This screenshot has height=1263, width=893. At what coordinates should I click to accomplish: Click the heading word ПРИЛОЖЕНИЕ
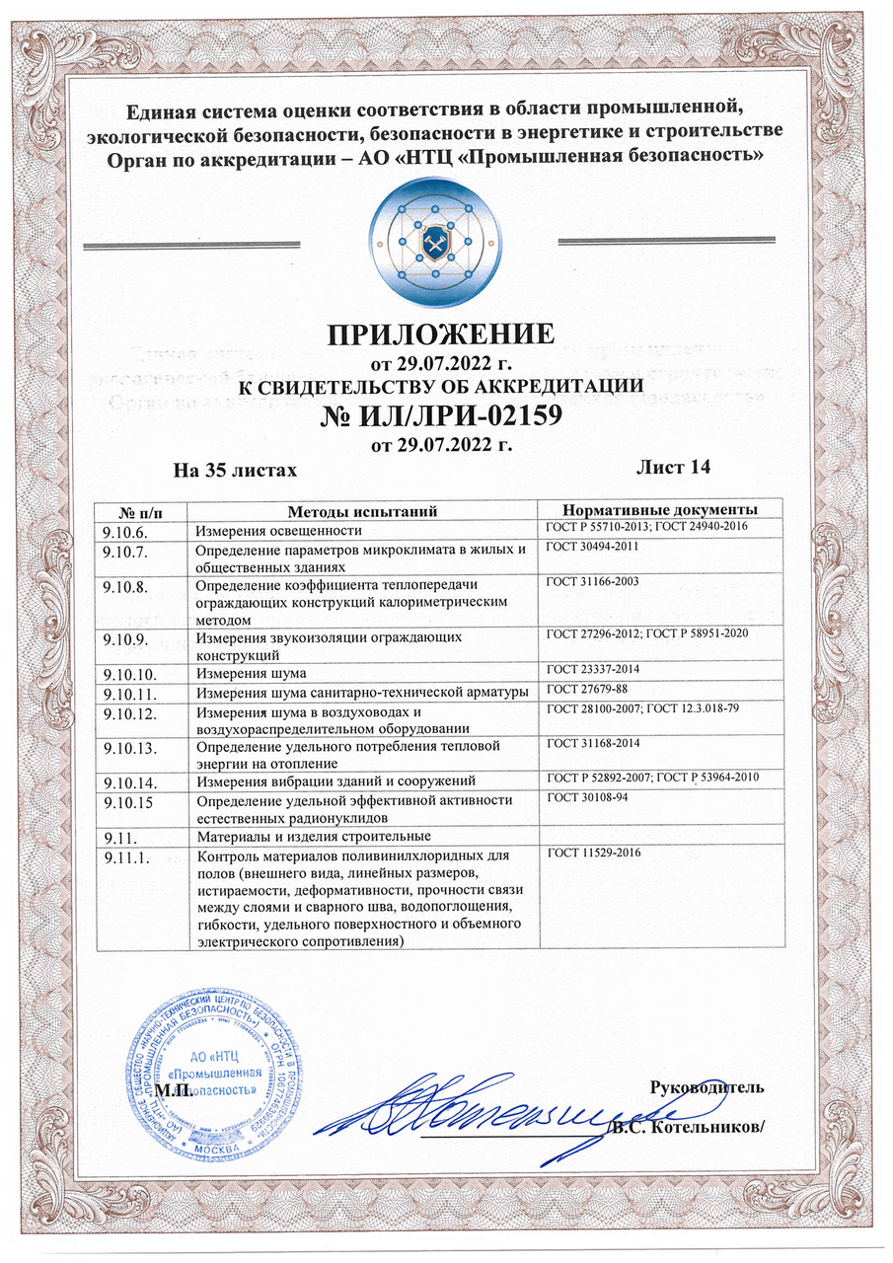click(440, 334)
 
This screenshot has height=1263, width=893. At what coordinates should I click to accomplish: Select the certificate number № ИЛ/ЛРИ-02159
click(441, 416)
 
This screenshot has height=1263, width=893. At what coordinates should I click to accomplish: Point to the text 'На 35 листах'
click(235, 470)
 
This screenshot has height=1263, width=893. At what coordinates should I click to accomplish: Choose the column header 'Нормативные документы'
click(659, 509)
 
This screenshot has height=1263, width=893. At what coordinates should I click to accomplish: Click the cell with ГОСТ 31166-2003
click(594, 583)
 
